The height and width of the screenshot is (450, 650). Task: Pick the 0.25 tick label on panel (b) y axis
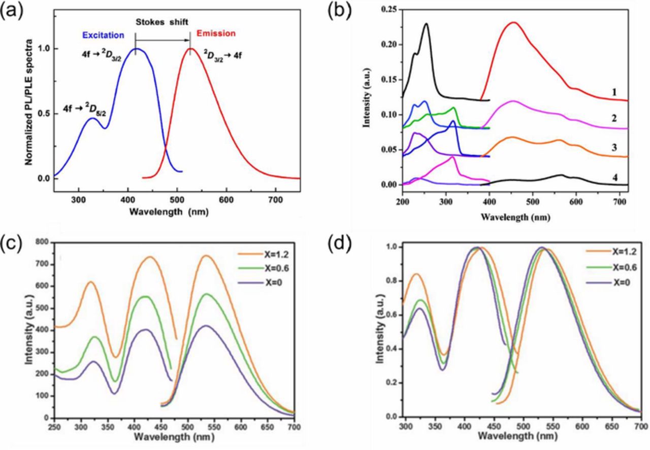(389, 9)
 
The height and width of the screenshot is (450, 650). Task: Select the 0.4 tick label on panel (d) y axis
(390, 349)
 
